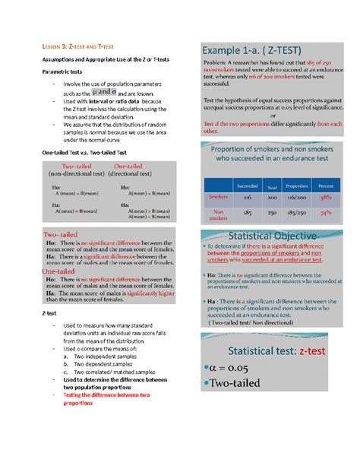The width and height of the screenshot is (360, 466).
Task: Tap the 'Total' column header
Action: [x=271, y=186]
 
